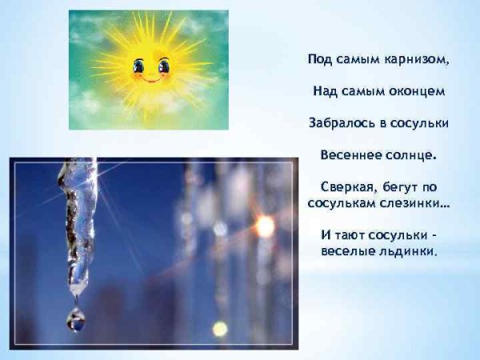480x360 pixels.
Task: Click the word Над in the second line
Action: (325, 91)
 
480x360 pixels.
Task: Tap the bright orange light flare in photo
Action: (263, 226)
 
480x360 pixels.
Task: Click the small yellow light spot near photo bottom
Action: (219, 328)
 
